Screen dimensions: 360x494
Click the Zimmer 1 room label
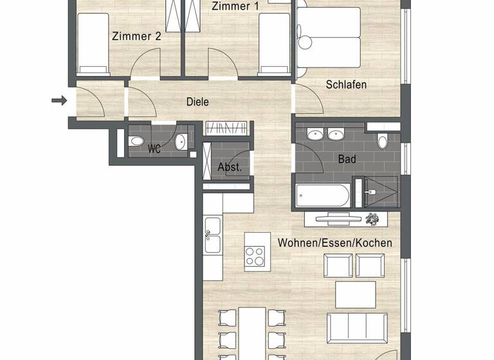pyautogui.click(x=231, y=6)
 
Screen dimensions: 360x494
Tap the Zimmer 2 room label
pyautogui.click(x=136, y=37)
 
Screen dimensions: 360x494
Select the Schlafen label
pyautogui.click(x=346, y=85)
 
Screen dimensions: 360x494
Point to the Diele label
pyautogui.click(x=197, y=102)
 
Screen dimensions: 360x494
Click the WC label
pyautogui.click(x=154, y=149)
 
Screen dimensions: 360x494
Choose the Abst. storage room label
pyautogui.click(x=229, y=167)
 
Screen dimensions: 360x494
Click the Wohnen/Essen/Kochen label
pyautogui.click(x=334, y=243)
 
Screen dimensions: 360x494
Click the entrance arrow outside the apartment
pyautogui.click(x=59, y=100)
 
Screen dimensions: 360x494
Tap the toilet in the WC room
pyautogui.click(x=138, y=142)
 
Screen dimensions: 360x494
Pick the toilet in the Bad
pyautogui.click(x=383, y=141)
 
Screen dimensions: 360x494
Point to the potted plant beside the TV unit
pyautogui.click(x=372, y=219)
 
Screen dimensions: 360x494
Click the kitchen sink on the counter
pyautogui.click(x=212, y=242)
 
